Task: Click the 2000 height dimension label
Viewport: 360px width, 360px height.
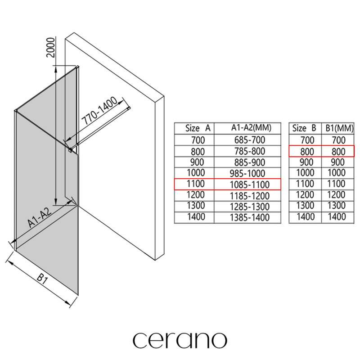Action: coord(51,48)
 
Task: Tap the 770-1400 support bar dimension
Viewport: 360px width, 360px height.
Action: coord(99,111)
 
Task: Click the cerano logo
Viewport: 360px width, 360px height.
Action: coord(180,340)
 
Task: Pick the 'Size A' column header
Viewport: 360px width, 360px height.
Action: coord(198,128)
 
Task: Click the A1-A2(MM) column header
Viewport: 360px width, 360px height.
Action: coord(251,128)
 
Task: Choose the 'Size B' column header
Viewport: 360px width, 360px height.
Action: coord(304,128)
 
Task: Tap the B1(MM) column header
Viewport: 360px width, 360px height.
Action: coord(340,128)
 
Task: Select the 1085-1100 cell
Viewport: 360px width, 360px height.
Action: coord(250,184)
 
